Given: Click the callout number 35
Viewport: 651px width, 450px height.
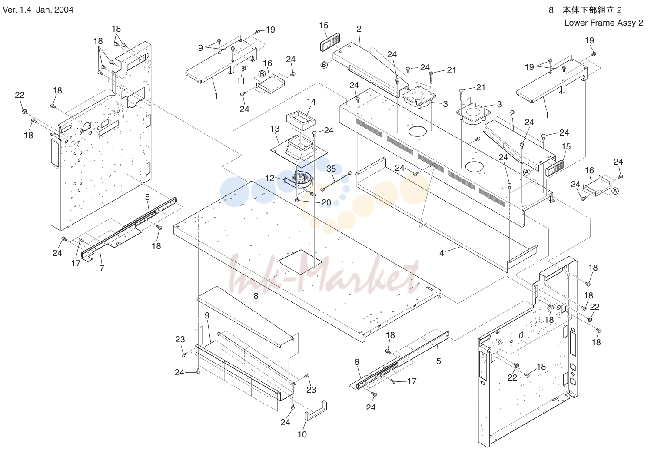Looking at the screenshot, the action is pos(331,169).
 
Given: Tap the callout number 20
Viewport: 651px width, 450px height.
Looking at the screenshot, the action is pos(326,202).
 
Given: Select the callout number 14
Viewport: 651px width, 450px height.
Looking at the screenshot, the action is pos(311,102).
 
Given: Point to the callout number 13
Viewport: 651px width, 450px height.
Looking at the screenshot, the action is pos(275,129).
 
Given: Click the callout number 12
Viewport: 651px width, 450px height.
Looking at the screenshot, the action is pos(270,178).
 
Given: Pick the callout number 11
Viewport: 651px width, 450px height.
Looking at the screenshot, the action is pos(241,81).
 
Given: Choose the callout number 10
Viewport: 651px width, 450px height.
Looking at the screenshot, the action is pos(302,434).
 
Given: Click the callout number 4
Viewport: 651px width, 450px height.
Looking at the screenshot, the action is pos(442,253).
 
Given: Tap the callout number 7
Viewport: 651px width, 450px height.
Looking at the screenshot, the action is pos(102,268).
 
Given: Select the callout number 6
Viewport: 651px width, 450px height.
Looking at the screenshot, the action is pos(357,362).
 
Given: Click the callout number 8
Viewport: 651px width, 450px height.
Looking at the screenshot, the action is pos(256,296).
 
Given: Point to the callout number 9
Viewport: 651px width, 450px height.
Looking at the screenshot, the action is pos(207,315).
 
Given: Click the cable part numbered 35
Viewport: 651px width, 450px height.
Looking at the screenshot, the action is pos(336,181).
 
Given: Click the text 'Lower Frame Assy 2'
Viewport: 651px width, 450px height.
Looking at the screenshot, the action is pos(603,23).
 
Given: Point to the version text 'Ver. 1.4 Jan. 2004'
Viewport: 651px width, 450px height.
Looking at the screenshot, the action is pos(38,10).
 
